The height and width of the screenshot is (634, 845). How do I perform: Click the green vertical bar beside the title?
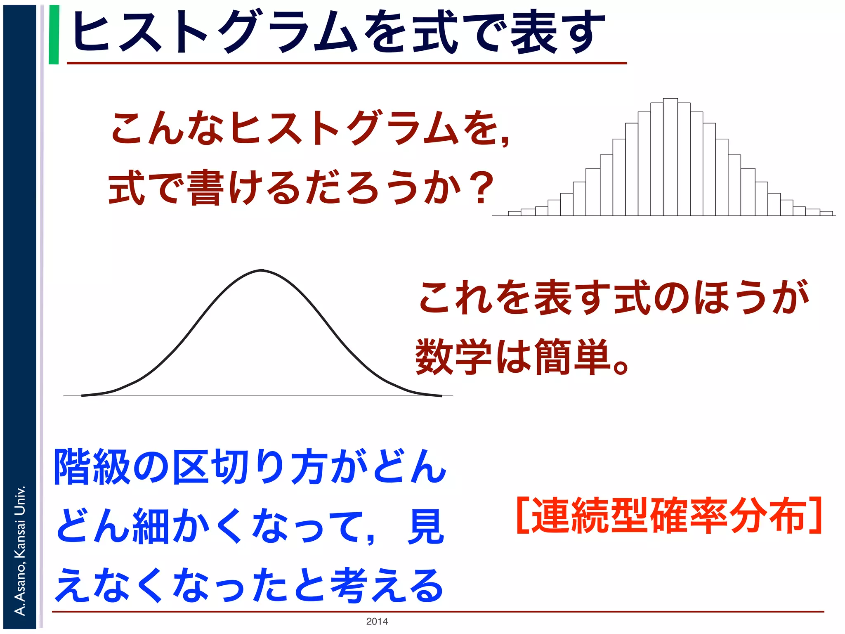[x=54, y=35]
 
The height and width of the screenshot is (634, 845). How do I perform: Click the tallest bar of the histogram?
[x=670, y=157]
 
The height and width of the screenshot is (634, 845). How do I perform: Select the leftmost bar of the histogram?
[x=515, y=213]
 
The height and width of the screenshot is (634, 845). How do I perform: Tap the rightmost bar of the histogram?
[x=826, y=213]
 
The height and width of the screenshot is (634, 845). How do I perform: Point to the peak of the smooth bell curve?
[x=262, y=270]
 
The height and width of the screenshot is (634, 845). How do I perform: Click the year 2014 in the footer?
[x=377, y=621]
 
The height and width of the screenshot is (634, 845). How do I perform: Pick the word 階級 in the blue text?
[x=92, y=467]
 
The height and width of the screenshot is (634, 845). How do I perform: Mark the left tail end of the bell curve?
[x=83, y=395]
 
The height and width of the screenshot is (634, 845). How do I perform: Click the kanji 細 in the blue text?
[x=150, y=526]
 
